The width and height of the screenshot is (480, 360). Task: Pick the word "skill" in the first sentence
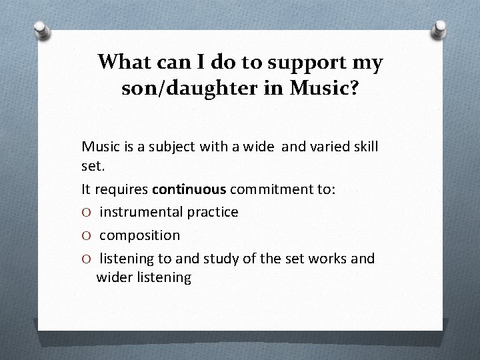[x=363, y=145]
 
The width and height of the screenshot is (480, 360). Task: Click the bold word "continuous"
[x=189, y=189]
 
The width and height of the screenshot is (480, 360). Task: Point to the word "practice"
[x=212, y=212]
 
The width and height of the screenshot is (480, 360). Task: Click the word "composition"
[x=139, y=235]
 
